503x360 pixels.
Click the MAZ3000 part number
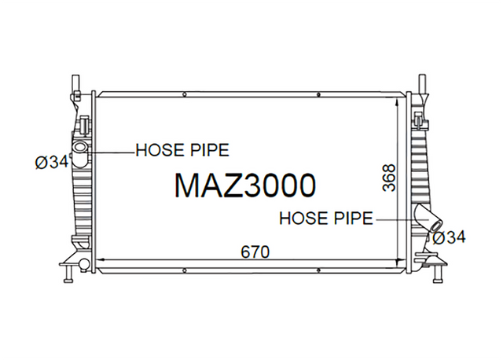coord(245,186)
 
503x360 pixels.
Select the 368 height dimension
coord(389,178)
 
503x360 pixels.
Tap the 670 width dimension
coord(255,252)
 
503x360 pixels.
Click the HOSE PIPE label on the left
coord(182,150)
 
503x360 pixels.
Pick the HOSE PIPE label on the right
coord(326,219)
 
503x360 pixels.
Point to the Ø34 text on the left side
coord(52,162)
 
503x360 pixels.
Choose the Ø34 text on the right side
coord(449,237)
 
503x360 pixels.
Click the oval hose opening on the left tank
coord(79,148)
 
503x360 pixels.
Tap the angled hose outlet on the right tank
coord(428,219)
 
